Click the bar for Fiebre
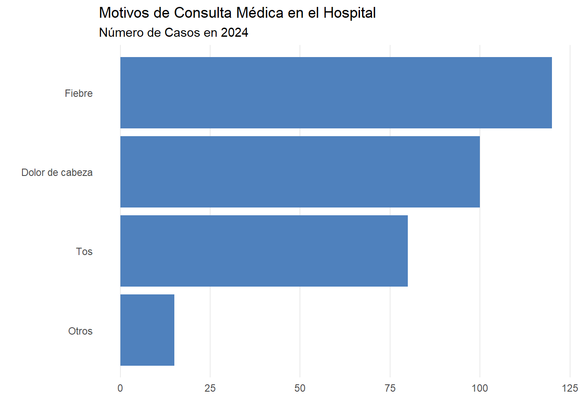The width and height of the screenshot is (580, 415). pos(336,93)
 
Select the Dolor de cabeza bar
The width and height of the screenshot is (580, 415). pos(300,172)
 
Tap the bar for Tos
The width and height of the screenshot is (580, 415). pos(264,251)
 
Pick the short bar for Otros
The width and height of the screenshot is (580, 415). pos(147,330)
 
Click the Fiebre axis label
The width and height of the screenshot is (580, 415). pos(79,93)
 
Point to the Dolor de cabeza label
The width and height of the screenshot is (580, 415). pos(57,172)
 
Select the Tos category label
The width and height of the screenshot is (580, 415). pos(84,252)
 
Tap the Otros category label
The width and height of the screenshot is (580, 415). pos(80,331)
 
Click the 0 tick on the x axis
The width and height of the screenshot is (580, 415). pos(120,388)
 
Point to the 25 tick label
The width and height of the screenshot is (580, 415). pos(210,388)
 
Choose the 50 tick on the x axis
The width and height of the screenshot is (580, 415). pos(300,388)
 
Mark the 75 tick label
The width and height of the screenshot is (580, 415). pos(390,388)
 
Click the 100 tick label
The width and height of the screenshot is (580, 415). pos(480,388)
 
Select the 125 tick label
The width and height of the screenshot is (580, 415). pos(570,388)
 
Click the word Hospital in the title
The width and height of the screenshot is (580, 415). pos(350,13)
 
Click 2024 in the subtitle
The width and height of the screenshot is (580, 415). pos(234,33)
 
